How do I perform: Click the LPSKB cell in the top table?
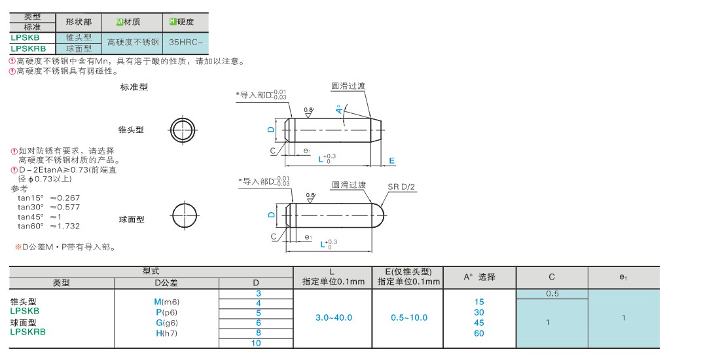coord(32,38)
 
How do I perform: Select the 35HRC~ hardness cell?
coord(185,43)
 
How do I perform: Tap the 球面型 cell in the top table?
coord(79,48)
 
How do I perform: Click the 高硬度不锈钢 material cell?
coord(132,43)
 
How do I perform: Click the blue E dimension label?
coord(391,161)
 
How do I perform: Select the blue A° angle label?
coord(339,110)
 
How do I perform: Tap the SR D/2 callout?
coord(402,187)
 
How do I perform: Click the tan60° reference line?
coord(48,226)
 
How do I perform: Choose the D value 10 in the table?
coord(256,343)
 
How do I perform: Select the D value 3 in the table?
coord(259,293)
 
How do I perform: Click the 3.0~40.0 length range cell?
coord(333,317)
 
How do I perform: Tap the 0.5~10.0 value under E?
coord(409,317)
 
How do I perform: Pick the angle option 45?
coord(479,323)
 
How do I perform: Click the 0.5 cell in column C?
coord(552,294)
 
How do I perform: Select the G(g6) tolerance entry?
coord(167,323)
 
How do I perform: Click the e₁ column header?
coord(623,278)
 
